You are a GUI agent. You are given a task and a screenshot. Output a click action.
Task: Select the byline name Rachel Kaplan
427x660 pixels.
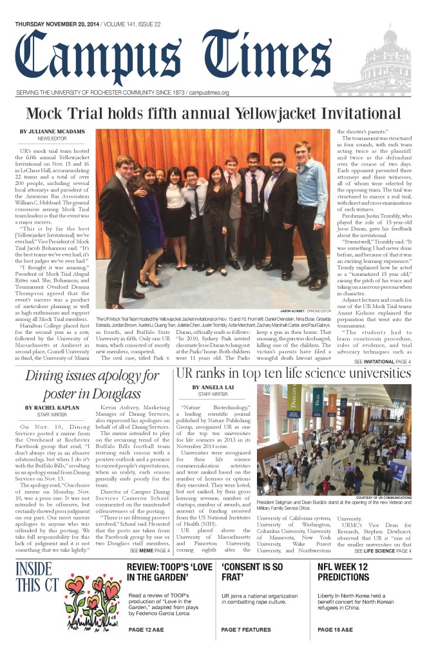[48, 407]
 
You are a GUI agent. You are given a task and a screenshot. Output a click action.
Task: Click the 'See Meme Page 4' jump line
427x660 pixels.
[150, 551]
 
